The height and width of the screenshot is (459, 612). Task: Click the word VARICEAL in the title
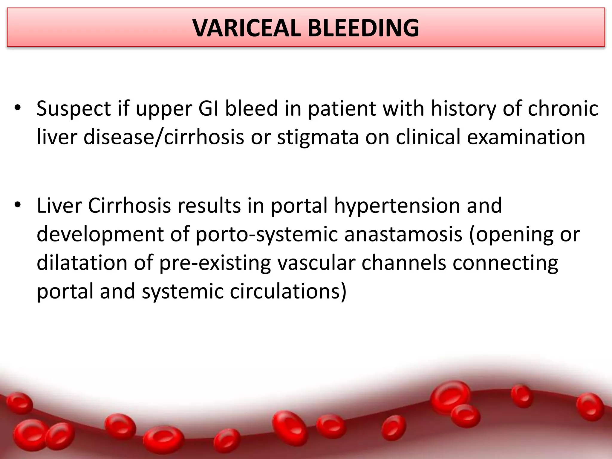pos(247,28)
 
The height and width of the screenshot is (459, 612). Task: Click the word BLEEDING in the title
pos(363,28)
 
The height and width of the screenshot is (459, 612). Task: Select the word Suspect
pos(74,109)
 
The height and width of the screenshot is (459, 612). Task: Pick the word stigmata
pos(318,137)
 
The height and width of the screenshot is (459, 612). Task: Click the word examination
pos(526,137)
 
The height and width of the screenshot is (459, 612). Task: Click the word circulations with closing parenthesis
pos(288,292)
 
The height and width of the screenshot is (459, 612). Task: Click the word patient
pos(342,109)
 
